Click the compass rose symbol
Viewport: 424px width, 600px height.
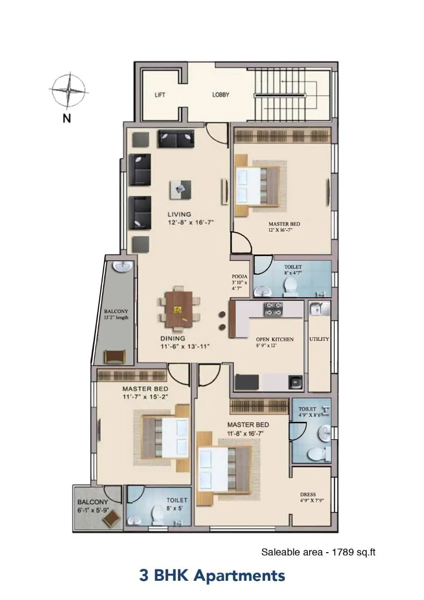coord(69,90)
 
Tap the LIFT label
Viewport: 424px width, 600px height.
coord(160,95)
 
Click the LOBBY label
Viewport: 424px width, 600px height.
coord(221,95)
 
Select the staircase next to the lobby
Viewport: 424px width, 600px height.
coord(286,96)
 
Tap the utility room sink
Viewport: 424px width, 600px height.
coord(319,309)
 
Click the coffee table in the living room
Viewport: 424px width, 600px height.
coord(180,189)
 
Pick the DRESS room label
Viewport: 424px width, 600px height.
coord(308,494)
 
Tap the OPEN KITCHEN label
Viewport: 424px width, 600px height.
coord(275,339)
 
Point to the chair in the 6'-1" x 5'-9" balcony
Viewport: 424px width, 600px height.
coord(112,518)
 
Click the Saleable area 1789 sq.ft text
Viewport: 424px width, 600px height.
coord(318,552)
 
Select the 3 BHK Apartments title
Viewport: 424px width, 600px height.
coord(212,575)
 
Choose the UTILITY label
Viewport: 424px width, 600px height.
coord(319,339)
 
